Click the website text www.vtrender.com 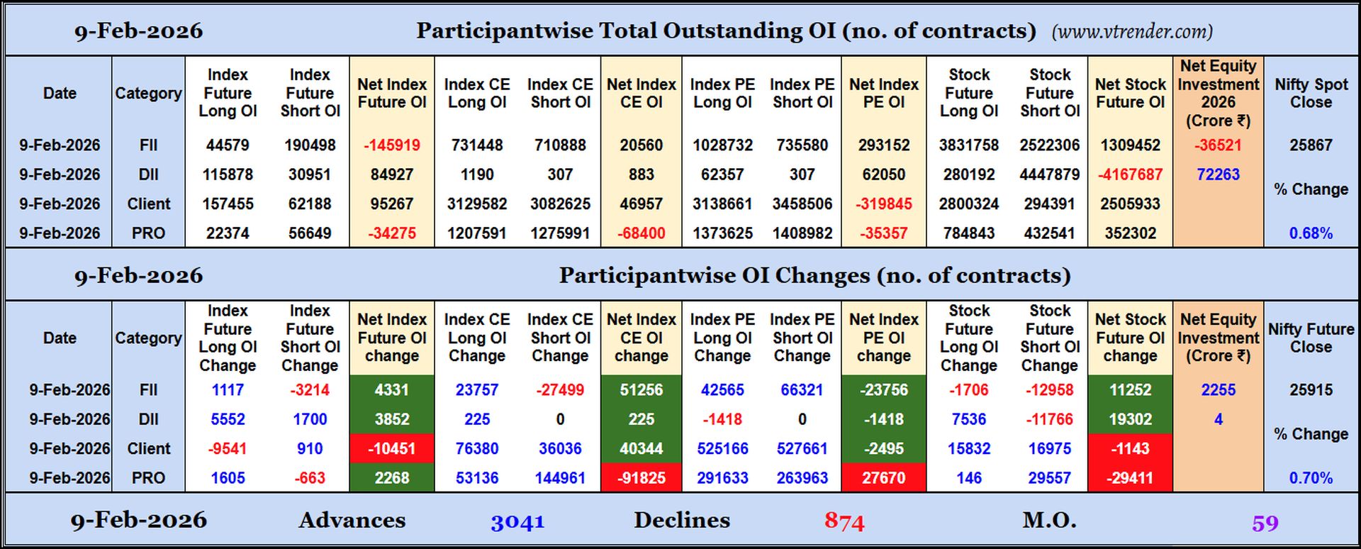[1132, 32]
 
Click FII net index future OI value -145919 [392, 145]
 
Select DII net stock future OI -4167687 [1130, 174]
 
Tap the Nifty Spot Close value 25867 [1311, 145]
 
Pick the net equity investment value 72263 [1218, 174]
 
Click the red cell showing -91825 [641, 478]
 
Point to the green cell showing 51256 [641, 390]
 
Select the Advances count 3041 [517, 522]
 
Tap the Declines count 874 [844, 522]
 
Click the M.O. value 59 [1265, 523]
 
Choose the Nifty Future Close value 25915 [1311, 390]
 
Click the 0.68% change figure [1311, 233]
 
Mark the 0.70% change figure [1311, 478]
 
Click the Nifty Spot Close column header [1311, 93]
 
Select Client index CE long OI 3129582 [477, 204]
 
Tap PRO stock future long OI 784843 [968, 233]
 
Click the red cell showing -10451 [392, 449]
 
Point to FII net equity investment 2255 [1218, 390]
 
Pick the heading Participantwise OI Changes [814, 275]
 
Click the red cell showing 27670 [883, 478]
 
